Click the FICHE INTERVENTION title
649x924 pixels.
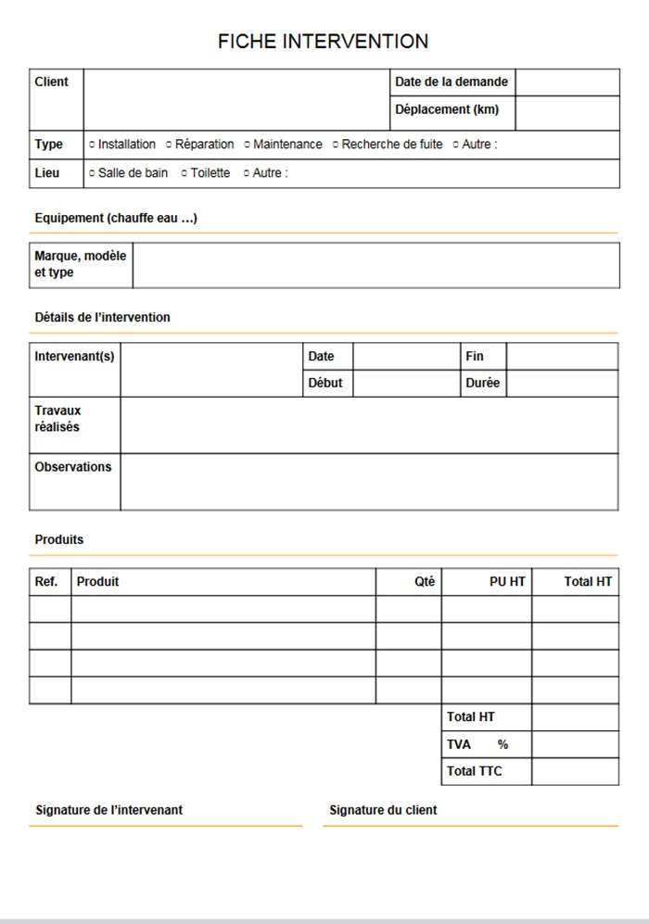pyautogui.click(x=323, y=42)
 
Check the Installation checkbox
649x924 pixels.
pyautogui.click(x=92, y=145)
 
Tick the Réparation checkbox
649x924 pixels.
pyautogui.click(x=169, y=145)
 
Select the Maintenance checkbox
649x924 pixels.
pyautogui.click(x=247, y=145)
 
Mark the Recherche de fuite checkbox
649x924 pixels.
pyautogui.click(x=336, y=145)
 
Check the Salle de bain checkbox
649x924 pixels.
pyautogui.click(x=92, y=173)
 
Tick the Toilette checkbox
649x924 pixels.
pyautogui.click(x=185, y=173)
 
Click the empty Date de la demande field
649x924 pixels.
pyautogui.click(x=566, y=82)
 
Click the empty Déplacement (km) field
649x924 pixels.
pyautogui.click(x=566, y=111)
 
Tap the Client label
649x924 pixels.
pyautogui.click(x=52, y=82)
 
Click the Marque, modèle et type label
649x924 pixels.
pyautogui.click(x=80, y=264)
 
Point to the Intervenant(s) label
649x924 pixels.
pyautogui.click(x=74, y=356)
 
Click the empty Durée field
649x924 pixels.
pyautogui.click(x=562, y=383)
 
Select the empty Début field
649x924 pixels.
pyautogui.click(x=406, y=383)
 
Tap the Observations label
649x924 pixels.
pyautogui.click(x=72, y=467)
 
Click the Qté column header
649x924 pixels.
pyautogui.click(x=425, y=582)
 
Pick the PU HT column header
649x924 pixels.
pyautogui.click(x=507, y=582)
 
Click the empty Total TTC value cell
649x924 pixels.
pyautogui.click(x=575, y=771)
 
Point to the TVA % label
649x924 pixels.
pyautogui.click(x=477, y=744)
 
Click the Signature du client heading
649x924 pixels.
pyautogui.click(x=383, y=810)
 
